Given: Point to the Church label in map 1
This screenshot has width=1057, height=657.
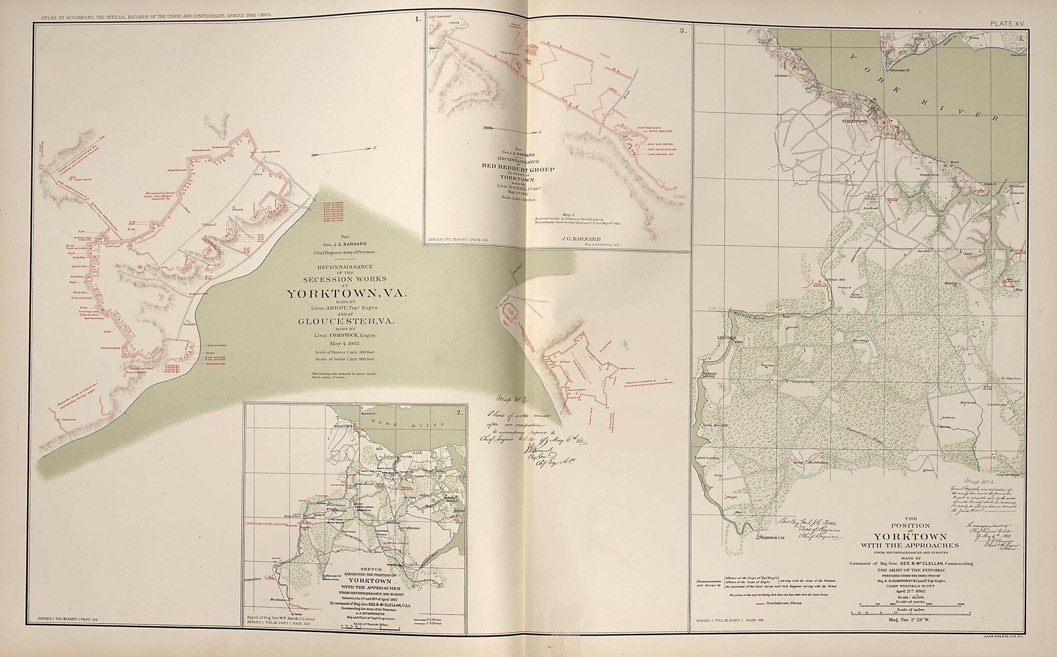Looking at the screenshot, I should tap(237, 209).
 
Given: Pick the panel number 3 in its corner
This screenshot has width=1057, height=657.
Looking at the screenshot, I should tap(683, 31).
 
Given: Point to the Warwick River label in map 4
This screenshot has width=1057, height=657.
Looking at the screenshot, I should tap(748, 315).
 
